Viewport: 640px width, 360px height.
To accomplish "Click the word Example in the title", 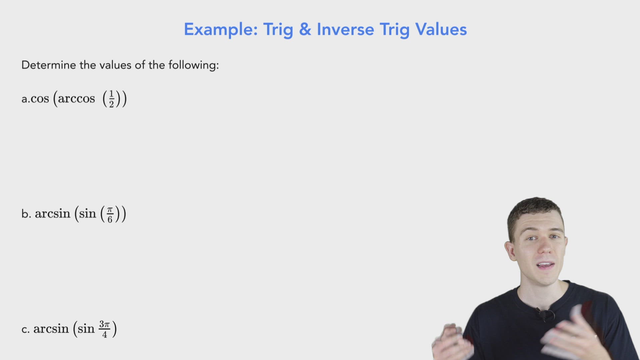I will [220, 30].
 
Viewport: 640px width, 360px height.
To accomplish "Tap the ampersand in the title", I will [305, 29].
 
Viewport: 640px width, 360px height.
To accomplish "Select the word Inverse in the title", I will [345, 30].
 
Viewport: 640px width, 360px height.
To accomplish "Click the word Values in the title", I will [441, 30].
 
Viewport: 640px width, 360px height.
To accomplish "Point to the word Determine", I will [49, 65].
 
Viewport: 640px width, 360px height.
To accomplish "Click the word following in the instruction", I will [193, 65].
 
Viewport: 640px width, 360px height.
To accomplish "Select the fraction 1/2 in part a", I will [111, 99].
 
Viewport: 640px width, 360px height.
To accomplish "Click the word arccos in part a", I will [76, 99].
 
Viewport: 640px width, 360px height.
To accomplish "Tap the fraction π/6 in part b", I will [110, 214].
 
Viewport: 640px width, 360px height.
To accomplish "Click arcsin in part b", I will [52, 214].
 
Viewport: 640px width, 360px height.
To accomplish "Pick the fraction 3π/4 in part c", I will [104, 329].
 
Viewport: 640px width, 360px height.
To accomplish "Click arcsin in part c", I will [51, 329].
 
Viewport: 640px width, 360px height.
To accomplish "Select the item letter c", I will [25, 330].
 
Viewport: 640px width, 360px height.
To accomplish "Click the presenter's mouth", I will [545, 266].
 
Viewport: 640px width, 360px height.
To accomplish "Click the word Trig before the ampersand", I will [278, 30].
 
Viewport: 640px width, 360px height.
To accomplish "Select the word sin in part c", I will [86, 329].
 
